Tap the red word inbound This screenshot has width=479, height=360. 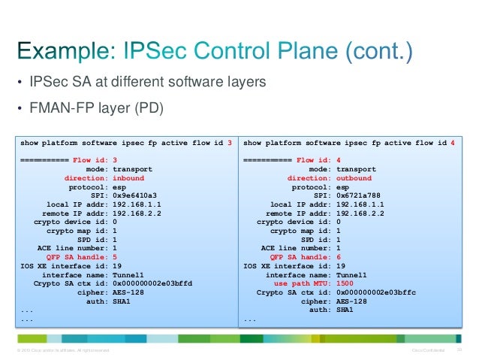click(x=128, y=178)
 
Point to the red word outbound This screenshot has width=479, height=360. click(x=354, y=178)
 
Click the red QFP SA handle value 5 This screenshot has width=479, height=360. click(x=113, y=256)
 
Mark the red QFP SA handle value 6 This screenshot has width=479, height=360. click(x=339, y=256)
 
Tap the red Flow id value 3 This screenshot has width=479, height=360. click(x=114, y=161)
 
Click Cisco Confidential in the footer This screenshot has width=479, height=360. click(x=427, y=350)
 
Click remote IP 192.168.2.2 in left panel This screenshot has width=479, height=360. click(x=137, y=213)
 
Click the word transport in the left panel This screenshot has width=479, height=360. click(x=132, y=170)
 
